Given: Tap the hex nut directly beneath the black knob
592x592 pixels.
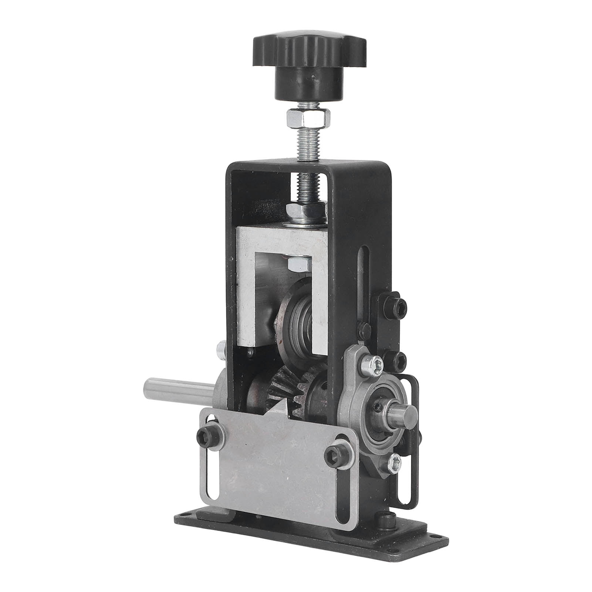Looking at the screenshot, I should [306, 118].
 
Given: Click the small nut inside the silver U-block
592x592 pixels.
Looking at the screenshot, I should [298, 264].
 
